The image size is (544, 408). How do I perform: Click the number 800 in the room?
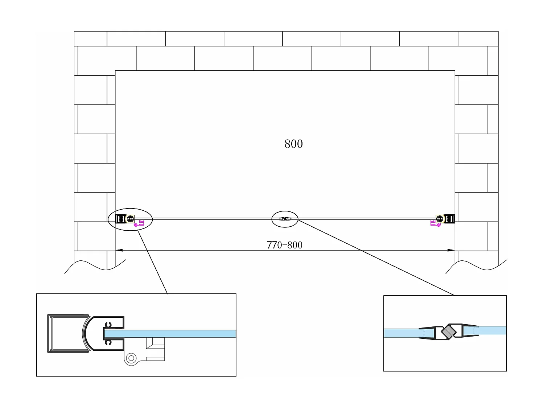[x=293, y=144]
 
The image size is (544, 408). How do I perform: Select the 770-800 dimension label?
[x=285, y=245]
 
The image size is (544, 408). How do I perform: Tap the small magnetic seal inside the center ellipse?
[x=285, y=219]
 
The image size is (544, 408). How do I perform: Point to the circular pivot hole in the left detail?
[x=131, y=358]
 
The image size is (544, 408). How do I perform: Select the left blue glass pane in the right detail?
[x=401, y=333]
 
